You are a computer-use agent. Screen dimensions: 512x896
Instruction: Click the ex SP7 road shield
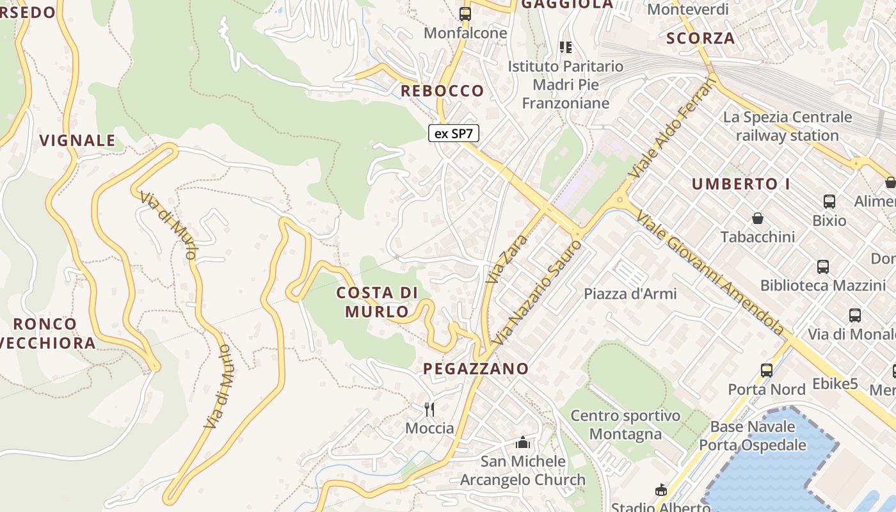pyautogui.click(x=453, y=133)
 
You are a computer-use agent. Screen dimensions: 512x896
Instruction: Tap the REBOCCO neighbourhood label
pyautogui.click(x=442, y=91)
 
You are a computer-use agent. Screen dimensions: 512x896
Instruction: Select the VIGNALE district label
pyautogui.click(x=77, y=140)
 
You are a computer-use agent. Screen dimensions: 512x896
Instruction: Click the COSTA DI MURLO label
pyautogui.click(x=377, y=302)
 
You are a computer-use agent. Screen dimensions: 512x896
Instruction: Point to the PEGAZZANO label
pyautogui.click(x=476, y=368)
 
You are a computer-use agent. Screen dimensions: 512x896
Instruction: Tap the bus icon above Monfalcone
pyautogui.click(x=465, y=13)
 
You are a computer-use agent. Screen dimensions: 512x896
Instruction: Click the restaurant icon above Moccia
pyautogui.click(x=429, y=409)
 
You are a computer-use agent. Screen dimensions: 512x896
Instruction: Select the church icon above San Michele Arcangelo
pyautogui.click(x=523, y=442)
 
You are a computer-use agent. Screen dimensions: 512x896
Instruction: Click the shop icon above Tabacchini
pyautogui.click(x=758, y=218)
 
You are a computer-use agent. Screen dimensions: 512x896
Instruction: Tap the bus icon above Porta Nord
pyautogui.click(x=766, y=370)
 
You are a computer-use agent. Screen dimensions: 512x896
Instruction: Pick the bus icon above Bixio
pyautogui.click(x=829, y=202)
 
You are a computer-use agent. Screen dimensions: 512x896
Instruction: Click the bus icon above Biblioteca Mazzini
pyautogui.click(x=823, y=267)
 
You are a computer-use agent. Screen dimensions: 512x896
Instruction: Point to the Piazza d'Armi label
pyautogui.click(x=630, y=294)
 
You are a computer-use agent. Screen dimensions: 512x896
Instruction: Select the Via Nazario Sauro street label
pyautogui.click(x=539, y=292)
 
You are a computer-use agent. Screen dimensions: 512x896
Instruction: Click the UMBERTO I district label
pyautogui.click(x=740, y=184)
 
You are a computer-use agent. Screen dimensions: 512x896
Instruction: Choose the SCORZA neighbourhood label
pyautogui.click(x=700, y=38)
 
